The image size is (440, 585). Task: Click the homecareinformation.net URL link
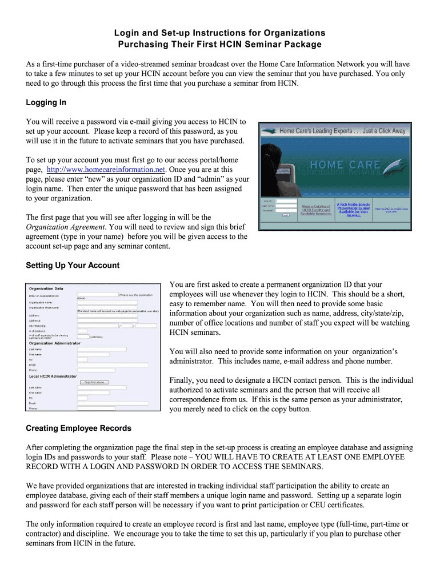(x=106, y=170)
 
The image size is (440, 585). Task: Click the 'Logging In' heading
(x=46, y=102)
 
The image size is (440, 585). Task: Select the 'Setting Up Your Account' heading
(x=73, y=265)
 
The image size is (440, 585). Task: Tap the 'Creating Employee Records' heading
(x=78, y=428)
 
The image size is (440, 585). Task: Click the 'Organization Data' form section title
(x=46, y=289)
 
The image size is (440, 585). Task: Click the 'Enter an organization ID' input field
(x=97, y=295)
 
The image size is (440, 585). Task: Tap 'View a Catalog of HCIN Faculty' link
(x=316, y=210)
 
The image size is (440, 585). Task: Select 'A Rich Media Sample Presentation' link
(x=353, y=209)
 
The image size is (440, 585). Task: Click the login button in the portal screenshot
(x=285, y=215)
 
